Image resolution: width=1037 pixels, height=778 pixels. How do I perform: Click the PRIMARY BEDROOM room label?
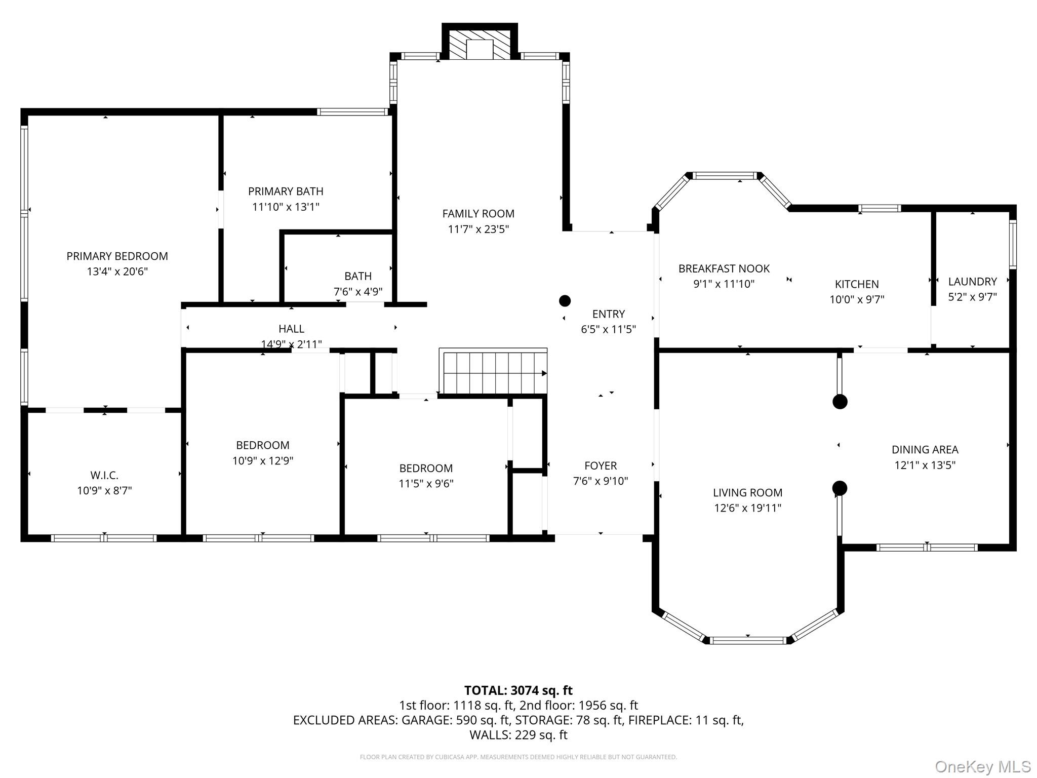[117, 256]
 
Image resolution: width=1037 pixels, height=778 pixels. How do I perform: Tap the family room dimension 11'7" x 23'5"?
[478, 229]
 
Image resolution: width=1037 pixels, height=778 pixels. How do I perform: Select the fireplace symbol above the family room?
[480, 45]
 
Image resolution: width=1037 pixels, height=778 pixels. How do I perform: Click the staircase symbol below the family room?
[494, 373]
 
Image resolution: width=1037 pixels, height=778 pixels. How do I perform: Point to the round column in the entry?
[565, 301]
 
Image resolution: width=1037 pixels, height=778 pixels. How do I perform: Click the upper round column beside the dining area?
[840, 402]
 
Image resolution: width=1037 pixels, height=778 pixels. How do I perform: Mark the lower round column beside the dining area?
[840, 488]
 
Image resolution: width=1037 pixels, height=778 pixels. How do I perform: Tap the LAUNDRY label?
[972, 282]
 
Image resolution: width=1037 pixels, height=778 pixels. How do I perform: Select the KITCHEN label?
[857, 284]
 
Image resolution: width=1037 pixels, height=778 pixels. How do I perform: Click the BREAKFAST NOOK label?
[724, 269]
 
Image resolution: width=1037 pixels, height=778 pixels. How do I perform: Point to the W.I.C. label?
[104, 476]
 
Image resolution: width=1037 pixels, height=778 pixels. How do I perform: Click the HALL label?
[291, 329]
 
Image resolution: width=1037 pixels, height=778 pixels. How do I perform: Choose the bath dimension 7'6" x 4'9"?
[357, 292]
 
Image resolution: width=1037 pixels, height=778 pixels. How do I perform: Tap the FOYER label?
[600, 465]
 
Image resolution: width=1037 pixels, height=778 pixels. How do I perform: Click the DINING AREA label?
[925, 450]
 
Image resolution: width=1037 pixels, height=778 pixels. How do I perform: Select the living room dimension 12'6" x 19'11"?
[747, 508]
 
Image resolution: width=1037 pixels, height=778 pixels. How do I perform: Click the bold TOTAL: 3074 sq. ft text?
[518, 690]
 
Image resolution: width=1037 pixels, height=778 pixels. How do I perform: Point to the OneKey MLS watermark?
[982, 767]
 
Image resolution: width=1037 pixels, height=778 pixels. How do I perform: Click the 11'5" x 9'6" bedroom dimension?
[426, 484]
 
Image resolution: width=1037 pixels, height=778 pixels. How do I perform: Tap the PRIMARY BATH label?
[286, 191]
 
